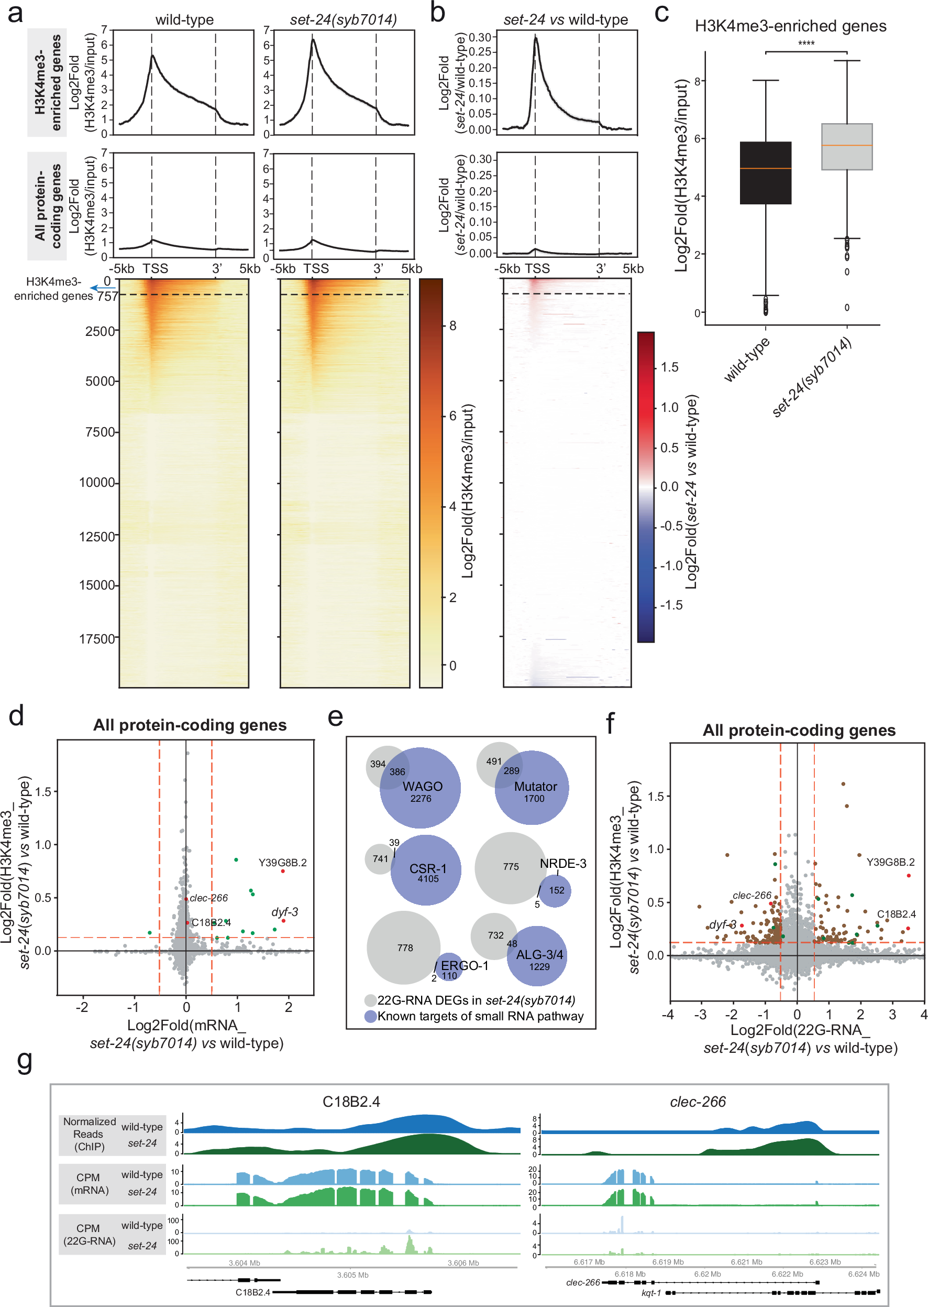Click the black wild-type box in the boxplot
pyautogui.click(x=765, y=172)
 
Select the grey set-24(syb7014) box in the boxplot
pyautogui.click(x=846, y=146)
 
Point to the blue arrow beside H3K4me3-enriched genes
pyautogui.click(x=102, y=288)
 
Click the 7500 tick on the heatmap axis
pyautogui.click(x=100, y=432)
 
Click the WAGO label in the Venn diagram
pyautogui.click(x=422, y=787)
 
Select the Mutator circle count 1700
pyautogui.click(x=534, y=799)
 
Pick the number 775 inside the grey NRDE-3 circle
pyautogui.click(x=511, y=867)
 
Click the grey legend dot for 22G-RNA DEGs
pyautogui.click(x=370, y=1000)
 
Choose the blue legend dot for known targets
pyautogui.click(x=370, y=1017)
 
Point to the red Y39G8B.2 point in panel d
pyautogui.click(x=283, y=872)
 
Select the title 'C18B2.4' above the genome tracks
pyautogui.click(x=351, y=1102)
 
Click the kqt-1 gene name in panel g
pyautogui.click(x=651, y=1293)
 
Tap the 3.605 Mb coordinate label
pyautogui.click(x=352, y=1275)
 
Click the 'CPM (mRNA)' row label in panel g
pyautogui.click(x=88, y=1183)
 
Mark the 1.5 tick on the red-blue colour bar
pyautogui.click(x=669, y=367)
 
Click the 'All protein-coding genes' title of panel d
pyautogui.click(x=190, y=725)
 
